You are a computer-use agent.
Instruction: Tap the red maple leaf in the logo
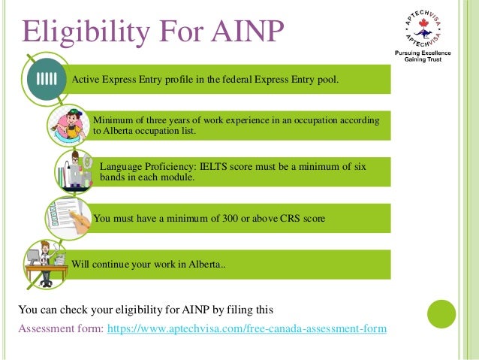[418, 30]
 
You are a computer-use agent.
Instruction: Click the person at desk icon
[45, 262]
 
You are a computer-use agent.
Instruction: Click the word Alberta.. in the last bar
[203, 264]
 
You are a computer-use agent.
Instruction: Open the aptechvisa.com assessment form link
[248, 328]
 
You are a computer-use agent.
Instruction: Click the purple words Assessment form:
[62, 328]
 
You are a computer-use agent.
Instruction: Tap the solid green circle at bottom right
[441, 314]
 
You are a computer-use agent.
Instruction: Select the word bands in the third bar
[113, 178]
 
